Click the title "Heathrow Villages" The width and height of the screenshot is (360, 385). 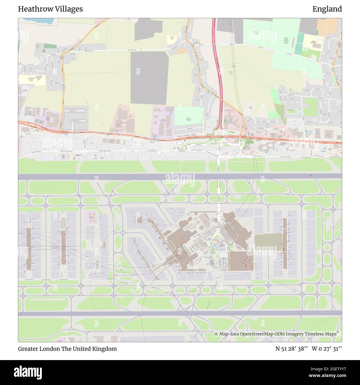coord(50,9)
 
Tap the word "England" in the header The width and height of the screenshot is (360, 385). coord(327,9)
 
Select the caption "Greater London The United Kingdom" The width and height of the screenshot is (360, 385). coord(67,349)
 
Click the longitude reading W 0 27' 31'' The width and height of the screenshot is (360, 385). coord(327,349)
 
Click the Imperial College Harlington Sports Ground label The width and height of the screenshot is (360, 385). coord(286,41)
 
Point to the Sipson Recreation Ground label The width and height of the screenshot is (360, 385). coord(189,119)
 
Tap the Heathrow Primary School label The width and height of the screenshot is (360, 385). coord(172,38)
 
